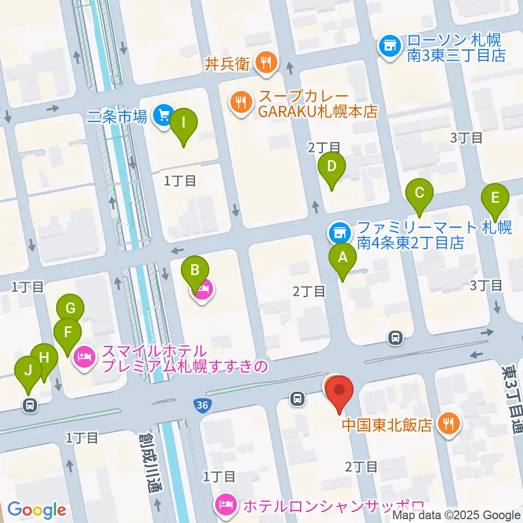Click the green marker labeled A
[x=343, y=256]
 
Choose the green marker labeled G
[x=70, y=308]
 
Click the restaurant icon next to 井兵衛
[x=266, y=63]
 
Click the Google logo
[x=37, y=510]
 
